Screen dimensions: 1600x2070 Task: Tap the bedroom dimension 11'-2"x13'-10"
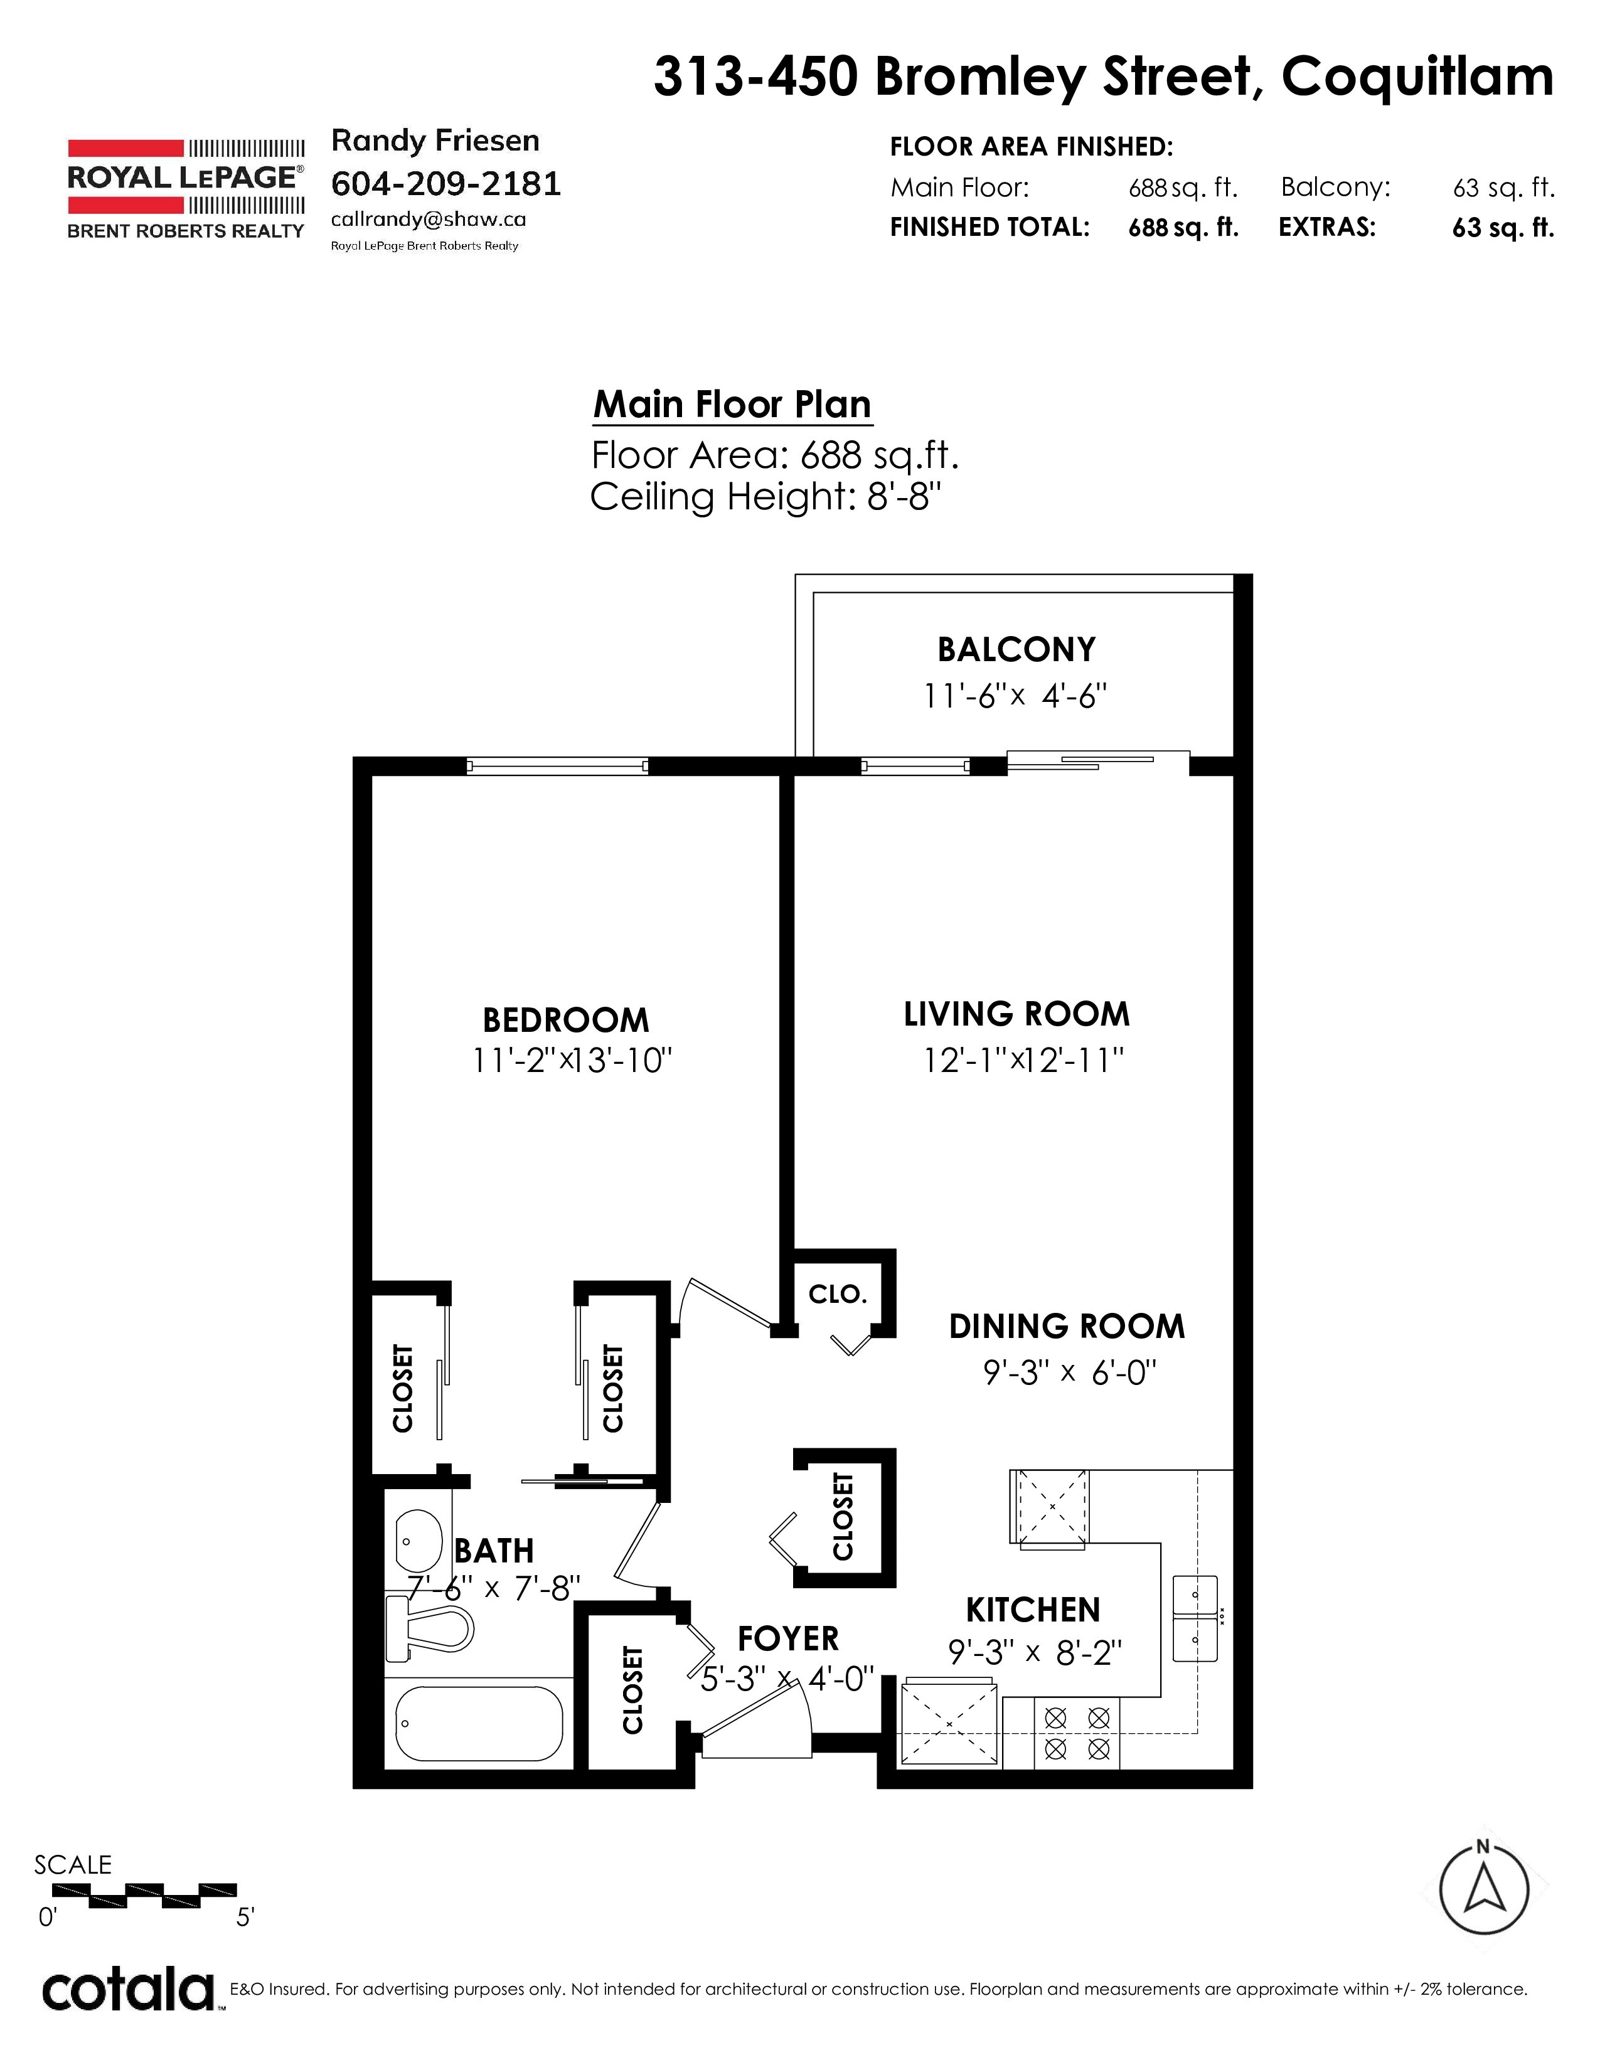[x=572, y=1059]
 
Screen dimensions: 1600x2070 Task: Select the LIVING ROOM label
[x=1016, y=1014]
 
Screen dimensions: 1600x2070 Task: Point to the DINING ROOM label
[x=1067, y=1327]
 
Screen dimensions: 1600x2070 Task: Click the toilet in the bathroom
[x=429, y=1629]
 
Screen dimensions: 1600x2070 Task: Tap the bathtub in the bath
[x=479, y=1722]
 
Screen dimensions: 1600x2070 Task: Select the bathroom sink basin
[x=418, y=1542]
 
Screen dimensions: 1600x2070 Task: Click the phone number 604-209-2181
[x=445, y=183]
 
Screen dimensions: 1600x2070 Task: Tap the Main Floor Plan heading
[x=732, y=405]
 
